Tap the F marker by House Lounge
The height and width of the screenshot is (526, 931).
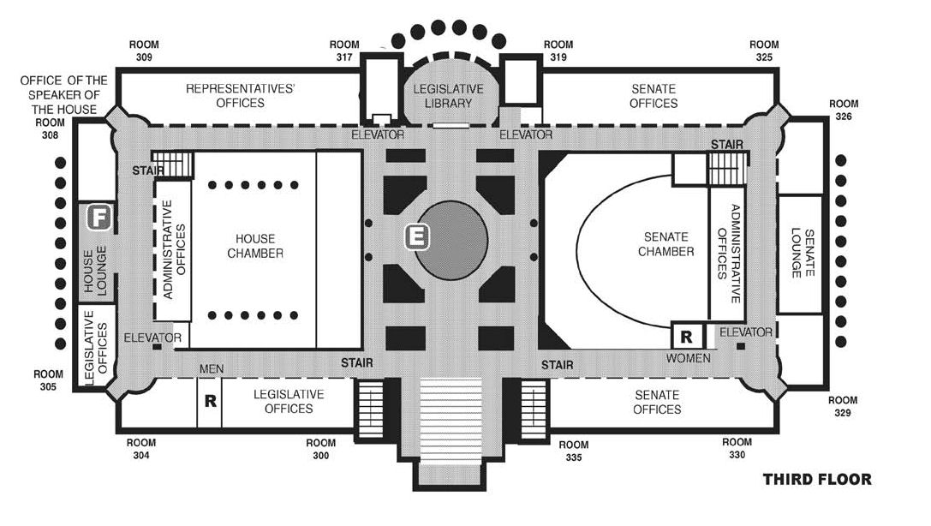pyautogui.click(x=99, y=218)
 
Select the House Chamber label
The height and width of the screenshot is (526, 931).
pyautogui.click(x=255, y=246)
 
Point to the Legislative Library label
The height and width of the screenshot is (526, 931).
pyautogui.click(x=449, y=96)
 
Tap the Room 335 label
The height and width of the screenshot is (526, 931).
pyautogui.click(x=573, y=451)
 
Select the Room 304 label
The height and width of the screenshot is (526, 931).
pyautogui.click(x=140, y=450)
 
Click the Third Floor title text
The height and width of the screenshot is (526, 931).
pyautogui.click(x=816, y=480)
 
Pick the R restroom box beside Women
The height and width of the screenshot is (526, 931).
pyautogui.click(x=686, y=335)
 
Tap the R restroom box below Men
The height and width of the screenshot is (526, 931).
pyautogui.click(x=209, y=400)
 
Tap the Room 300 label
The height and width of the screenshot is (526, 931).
pyautogui.click(x=320, y=450)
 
